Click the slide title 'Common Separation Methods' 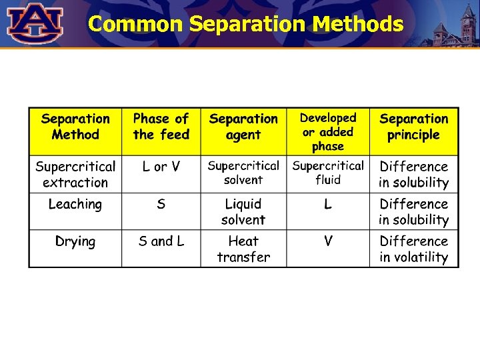pos(245,25)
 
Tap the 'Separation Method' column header pos(75,127)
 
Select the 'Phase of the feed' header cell pos(161,127)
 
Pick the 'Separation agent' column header pos(243,127)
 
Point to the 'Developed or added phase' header pos(328,131)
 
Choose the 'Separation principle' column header pos(414,127)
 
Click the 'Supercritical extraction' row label pos(75,174)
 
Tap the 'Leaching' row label pos(75,204)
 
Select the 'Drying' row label pos(75,241)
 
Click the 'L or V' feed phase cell pos(161,167)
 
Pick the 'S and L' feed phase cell pos(161,241)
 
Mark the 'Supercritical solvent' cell pos(243,172)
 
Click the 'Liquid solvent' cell pos(243,211)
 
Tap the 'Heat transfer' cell pos(243,249)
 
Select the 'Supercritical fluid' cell pos(328,172)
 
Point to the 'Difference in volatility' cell pos(414,249)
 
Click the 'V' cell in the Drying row pos(328,241)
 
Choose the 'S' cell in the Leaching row pos(161,204)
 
